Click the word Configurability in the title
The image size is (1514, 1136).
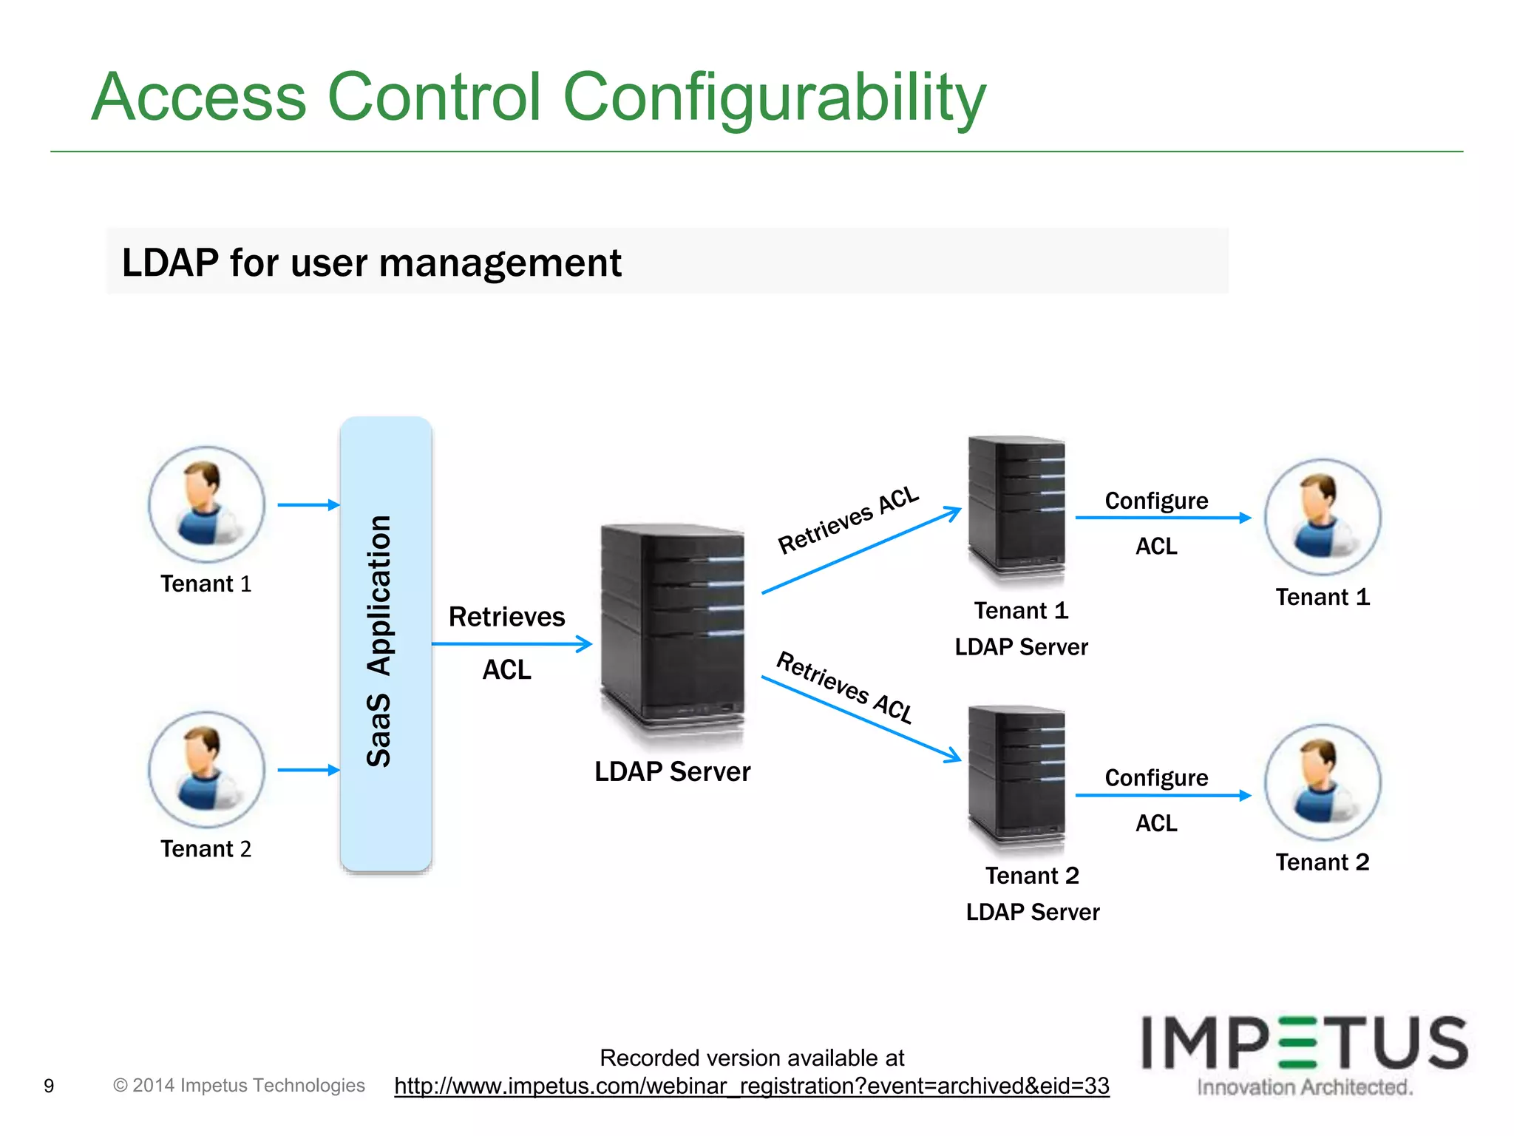tap(774, 98)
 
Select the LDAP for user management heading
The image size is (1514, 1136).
tap(371, 263)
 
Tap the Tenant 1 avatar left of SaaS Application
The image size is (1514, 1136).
tap(206, 504)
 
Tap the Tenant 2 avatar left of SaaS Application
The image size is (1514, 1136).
tap(206, 769)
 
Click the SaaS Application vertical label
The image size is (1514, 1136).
tap(379, 640)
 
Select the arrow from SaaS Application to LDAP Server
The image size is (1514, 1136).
tap(512, 644)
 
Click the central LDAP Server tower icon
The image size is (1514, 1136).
tap(672, 629)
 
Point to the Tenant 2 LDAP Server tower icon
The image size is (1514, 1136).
tap(1017, 773)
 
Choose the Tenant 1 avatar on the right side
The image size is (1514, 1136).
tap(1323, 518)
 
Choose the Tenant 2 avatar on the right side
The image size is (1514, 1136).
tap(1323, 782)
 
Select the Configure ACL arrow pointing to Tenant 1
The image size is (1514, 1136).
tap(1162, 518)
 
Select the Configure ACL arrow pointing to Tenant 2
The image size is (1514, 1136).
tap(1162, 795)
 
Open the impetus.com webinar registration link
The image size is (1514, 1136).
tap(752, 1086)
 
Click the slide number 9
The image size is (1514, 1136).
tap(49, 1086)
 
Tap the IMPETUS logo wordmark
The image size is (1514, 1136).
tap(1304, 1043)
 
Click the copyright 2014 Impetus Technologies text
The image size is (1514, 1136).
tap(239, 1085)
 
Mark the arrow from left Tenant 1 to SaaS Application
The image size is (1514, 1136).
tap(308, 505)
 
